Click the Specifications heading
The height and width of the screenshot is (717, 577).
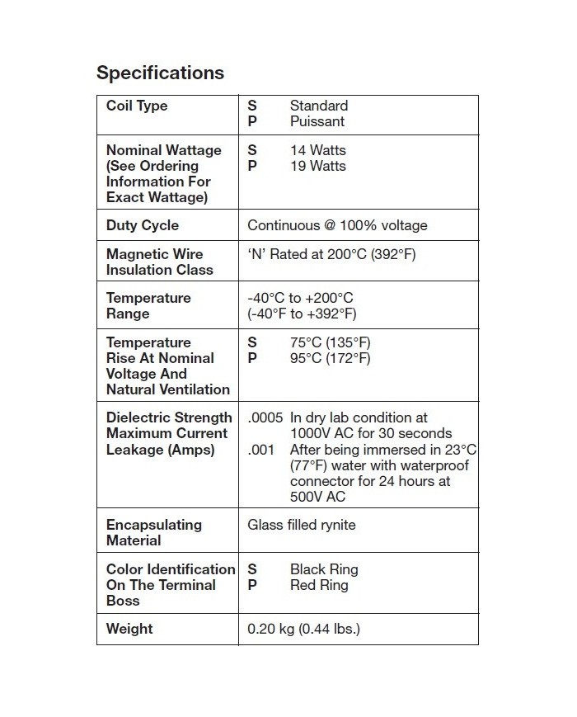pyautogui.click(x=160, y=73)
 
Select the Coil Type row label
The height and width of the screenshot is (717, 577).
pyautogui.click(x=137, y=106)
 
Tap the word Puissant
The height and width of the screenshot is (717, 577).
pyautogui.click(x=317, y=121)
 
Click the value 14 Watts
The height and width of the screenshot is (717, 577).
pyautogui.click(x=318, y=150)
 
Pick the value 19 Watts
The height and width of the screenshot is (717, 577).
pyautogui.click(x=318, y=166)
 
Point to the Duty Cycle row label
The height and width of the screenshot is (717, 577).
pyautogui.click(x=143, y=225)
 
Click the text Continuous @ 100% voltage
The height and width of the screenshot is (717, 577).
pyautogui.click(x=337, y=225)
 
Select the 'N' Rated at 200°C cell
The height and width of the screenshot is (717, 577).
pyautogui.click(x=331, y=254)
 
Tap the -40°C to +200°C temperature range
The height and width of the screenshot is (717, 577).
pyautogui.click(x=301, y=298)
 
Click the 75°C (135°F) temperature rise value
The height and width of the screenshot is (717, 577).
pyautogui.click(x=330, y=342)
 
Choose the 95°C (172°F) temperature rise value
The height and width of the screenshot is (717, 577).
pyautogui.click(x=330, y=358)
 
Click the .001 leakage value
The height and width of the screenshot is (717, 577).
pyautogui.click(x=260, y=450)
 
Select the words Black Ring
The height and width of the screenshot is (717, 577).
pyautogui.click(x=324, y=569)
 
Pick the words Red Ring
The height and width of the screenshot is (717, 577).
pyautogui.click(x=319, y=585)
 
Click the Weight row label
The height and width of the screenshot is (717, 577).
pyautogui.click(x=129, y=629)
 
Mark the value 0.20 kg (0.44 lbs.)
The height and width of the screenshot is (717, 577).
pyautogui.click(x=303, y=629)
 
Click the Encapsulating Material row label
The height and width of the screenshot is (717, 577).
pyautogui.click(x=154, y=532)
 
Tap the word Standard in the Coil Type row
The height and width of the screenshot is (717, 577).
pyautogui.click(x=319, y=106)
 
